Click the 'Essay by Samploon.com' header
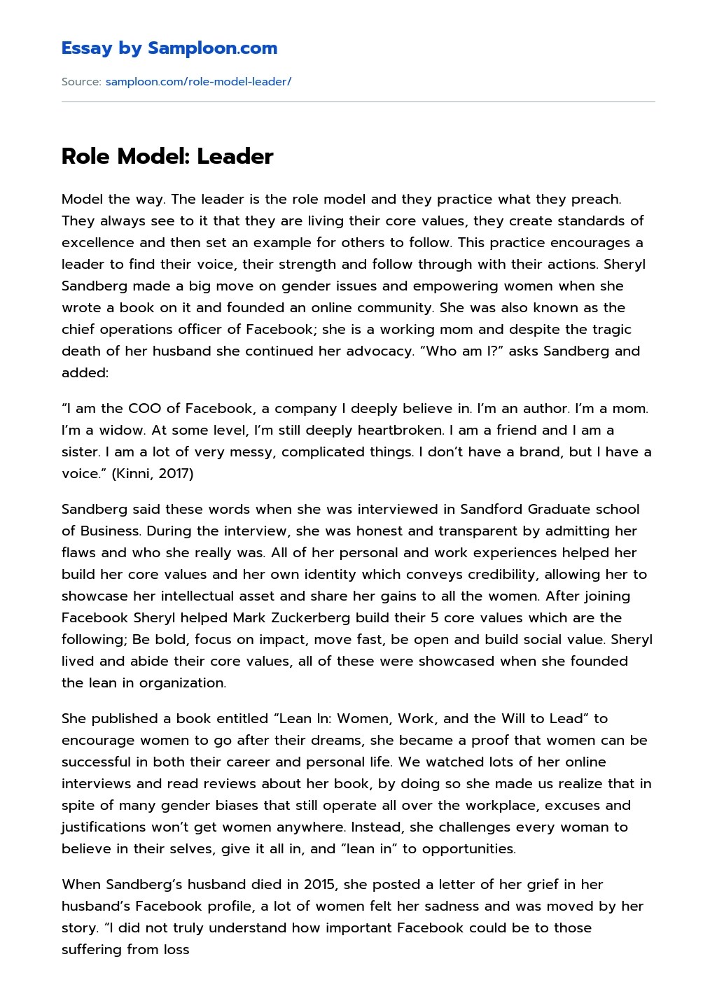(x=169, y=48)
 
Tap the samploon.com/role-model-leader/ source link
(x=198, y=82)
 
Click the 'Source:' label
(x=81, y=82)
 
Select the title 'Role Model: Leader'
(x=167, y=156)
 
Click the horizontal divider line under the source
(x=358, y=102)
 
